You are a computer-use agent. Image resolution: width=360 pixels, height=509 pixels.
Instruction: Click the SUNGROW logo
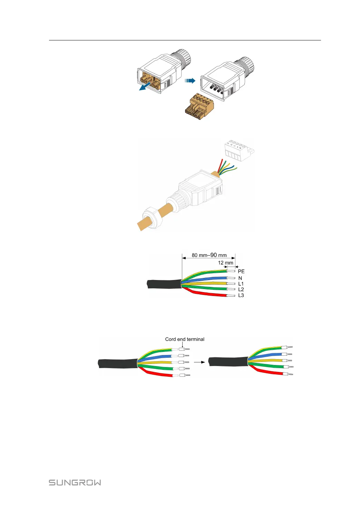[75, 482]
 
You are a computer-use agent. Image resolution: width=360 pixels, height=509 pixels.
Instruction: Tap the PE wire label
[241, 271]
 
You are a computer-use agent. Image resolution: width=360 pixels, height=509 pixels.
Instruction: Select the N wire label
[240, 278]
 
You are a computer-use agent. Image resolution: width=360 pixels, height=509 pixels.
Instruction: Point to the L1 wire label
[241, 284]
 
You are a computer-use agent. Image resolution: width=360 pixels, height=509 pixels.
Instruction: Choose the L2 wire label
[241, 289]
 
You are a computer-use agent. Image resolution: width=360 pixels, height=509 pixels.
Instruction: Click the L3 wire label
[241, 295]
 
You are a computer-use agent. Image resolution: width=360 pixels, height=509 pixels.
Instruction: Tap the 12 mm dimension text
[225, 263]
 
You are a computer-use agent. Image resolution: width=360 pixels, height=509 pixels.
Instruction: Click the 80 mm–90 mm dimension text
[209, 255]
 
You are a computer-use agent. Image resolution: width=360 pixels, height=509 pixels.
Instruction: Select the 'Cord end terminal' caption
[185, 339]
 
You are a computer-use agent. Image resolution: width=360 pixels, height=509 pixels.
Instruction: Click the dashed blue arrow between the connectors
[190, 81]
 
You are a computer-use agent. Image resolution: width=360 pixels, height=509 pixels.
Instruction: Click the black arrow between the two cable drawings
[199, 362]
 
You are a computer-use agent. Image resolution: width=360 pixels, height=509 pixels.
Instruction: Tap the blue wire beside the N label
[207, 278]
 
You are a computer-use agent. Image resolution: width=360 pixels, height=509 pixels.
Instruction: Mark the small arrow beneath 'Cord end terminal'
[182, 345]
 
